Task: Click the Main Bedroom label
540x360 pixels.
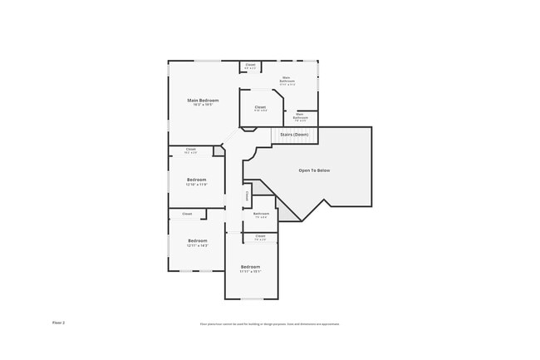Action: coord(203,101)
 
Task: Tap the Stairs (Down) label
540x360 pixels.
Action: coord(294,134)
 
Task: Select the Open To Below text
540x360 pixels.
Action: coord(314,170)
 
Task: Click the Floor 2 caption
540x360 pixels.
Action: coord(58,323)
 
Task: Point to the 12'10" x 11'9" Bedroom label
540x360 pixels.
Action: coord(196,180)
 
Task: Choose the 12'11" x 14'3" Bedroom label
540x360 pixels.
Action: coord(196,241)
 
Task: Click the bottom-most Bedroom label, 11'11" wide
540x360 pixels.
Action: coord(250,267)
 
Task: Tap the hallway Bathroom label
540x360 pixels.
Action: coord(261,214)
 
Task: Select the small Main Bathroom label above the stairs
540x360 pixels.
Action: coord(300,116)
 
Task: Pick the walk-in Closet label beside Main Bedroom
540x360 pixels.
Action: coord(260,107)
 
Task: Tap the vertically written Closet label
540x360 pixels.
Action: coord(247,196)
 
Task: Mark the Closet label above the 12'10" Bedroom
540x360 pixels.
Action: coord(190,150)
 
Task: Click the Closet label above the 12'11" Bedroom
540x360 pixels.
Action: coord(187,214)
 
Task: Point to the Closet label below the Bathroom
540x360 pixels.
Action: coord(260,237)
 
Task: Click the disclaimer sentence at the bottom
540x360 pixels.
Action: coord(269,324)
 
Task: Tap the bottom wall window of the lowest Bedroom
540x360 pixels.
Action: coord(252,298)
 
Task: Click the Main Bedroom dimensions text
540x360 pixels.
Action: coord(203,105)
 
